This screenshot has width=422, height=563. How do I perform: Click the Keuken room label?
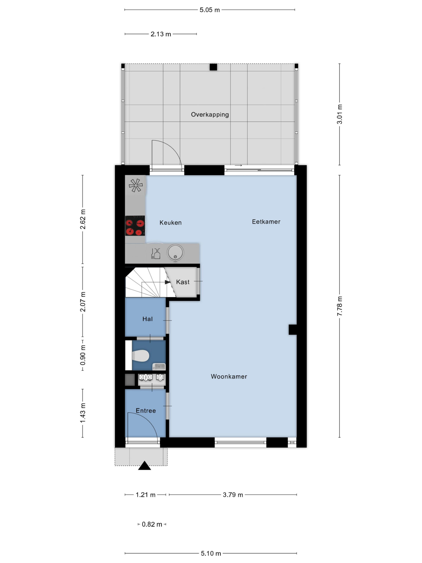coord(170,223)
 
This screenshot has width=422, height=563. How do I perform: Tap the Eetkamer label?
coord(266,222)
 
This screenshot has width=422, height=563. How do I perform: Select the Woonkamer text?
coord(229,377)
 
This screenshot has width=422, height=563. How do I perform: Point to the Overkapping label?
coord(210,115)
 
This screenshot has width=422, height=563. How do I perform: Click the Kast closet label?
coord(183,282)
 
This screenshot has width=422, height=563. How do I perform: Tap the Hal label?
coord(147,319)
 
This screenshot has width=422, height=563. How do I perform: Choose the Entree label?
coord(146,411)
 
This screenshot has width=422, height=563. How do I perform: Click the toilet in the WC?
coord(140,356)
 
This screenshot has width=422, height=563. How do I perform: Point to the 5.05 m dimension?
coord(210,10)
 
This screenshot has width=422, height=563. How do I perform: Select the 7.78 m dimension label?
coord(340,306)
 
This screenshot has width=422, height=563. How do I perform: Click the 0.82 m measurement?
coord(152,524)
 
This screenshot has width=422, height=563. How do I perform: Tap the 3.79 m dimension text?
coord(233,495)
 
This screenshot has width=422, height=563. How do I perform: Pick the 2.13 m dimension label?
coord(161,34)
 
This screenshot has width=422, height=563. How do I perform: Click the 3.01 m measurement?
coord(340,114)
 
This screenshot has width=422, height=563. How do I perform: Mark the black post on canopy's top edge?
coord(213,67)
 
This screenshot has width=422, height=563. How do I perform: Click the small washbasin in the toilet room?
coord(159,367)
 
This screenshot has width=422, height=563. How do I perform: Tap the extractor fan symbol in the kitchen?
coord(136,185)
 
